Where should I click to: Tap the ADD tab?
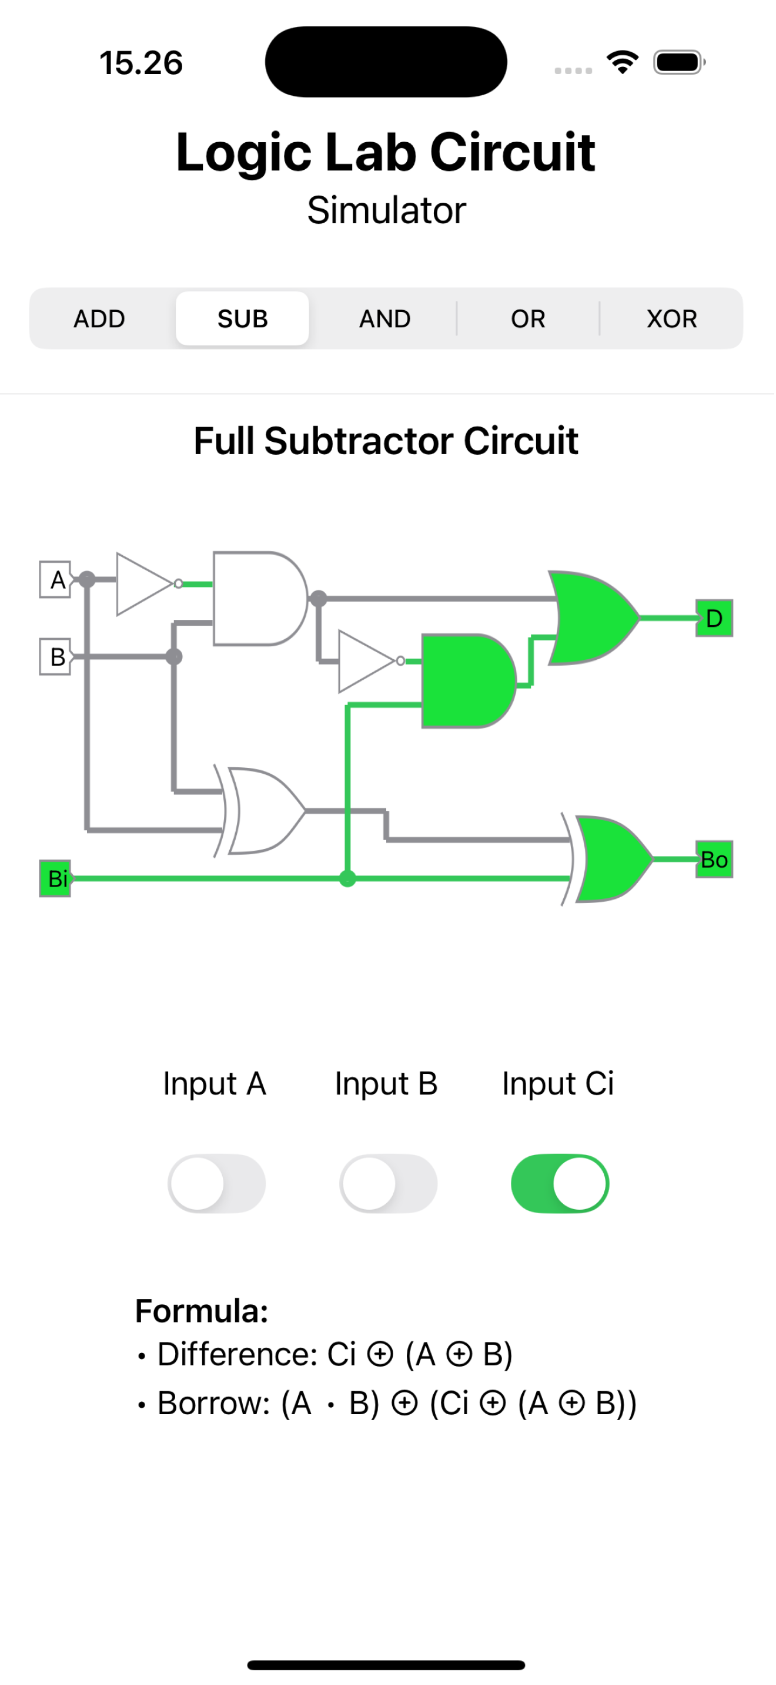[99, 319]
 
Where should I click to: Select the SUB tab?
[243, 319]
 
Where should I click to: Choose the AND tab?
[386, 319]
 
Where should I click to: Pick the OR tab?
[529, 319]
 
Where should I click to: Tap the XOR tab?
[672, 319]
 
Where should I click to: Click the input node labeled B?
[56, 657]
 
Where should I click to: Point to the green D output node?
[715, 619]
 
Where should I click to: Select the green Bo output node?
[715, 860]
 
